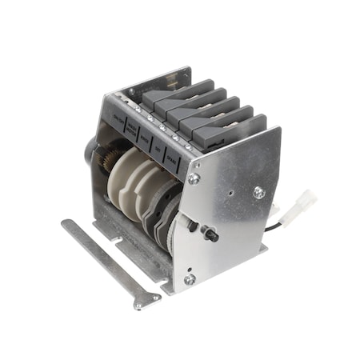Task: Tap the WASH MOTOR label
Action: click(x=132, y=130)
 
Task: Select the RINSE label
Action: click(x=145, y=138)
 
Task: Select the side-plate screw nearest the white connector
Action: click(x=258, y=192)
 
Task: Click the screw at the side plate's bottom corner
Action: click(x=189, y=279)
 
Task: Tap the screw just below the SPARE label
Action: click(x=194, y=179)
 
